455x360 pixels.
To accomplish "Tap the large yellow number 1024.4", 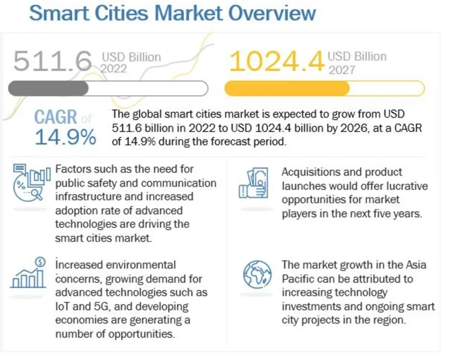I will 277,62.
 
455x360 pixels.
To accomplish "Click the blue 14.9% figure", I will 65,138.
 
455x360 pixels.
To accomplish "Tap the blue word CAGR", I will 55,118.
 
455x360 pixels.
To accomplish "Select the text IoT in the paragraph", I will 63,292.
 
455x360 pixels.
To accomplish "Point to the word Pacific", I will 299,278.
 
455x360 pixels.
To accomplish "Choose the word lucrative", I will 401,186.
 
